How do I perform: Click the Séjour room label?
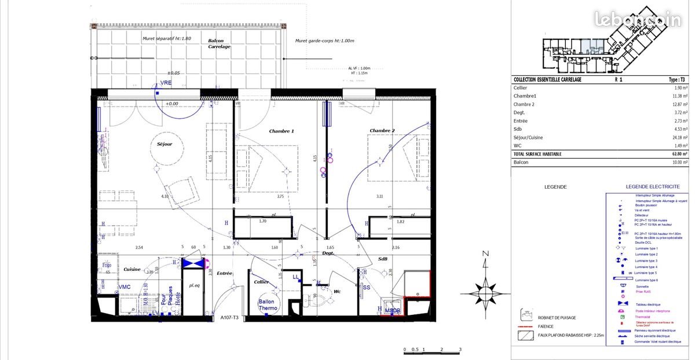(169, 144)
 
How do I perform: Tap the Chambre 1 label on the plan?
(281, 131)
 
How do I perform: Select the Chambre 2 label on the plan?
(382, 131)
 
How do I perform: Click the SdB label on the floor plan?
(383, 259)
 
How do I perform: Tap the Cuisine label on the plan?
(133, 270)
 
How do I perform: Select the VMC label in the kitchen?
(125, 287)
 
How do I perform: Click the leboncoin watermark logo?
(638, 19)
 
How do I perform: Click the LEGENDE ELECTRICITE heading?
(653, 187)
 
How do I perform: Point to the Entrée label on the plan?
(224, 273)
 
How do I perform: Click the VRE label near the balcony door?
(166, 83)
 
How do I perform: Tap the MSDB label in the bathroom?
(392, 311)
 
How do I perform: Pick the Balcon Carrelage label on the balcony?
(220, 43)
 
